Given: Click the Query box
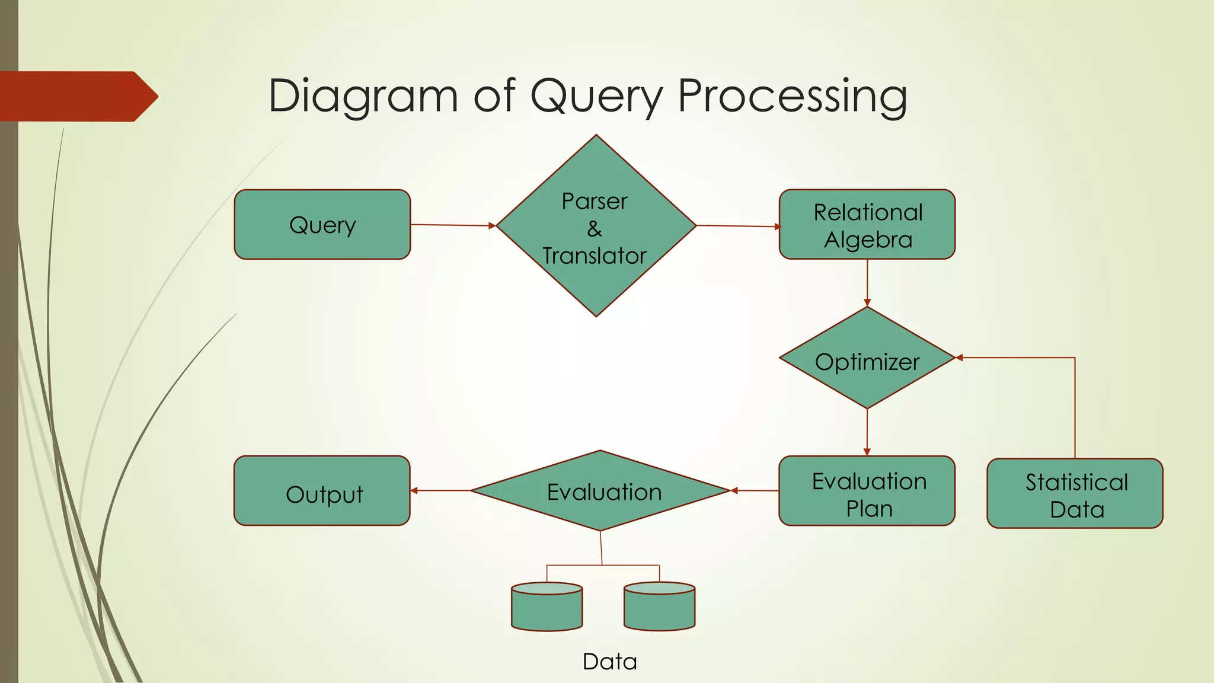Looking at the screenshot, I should (322, 225).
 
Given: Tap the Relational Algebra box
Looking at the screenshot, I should (867, 225).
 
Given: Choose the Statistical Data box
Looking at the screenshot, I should (1074, 493).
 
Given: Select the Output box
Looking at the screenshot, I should (322, 491).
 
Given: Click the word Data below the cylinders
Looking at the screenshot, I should (609, 662).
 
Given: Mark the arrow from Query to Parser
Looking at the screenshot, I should (453, 225).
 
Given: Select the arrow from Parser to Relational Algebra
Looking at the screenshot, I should (738, 226).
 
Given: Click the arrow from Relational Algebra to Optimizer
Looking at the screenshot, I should (867, 283).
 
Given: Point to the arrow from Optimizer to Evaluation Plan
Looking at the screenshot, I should (867, 432).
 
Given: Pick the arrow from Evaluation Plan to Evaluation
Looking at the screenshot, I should (755, 491).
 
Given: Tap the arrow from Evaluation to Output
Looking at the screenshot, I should (440, 491).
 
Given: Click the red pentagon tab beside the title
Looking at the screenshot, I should (77, 97).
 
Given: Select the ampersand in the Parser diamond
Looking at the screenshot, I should (595, 229).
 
